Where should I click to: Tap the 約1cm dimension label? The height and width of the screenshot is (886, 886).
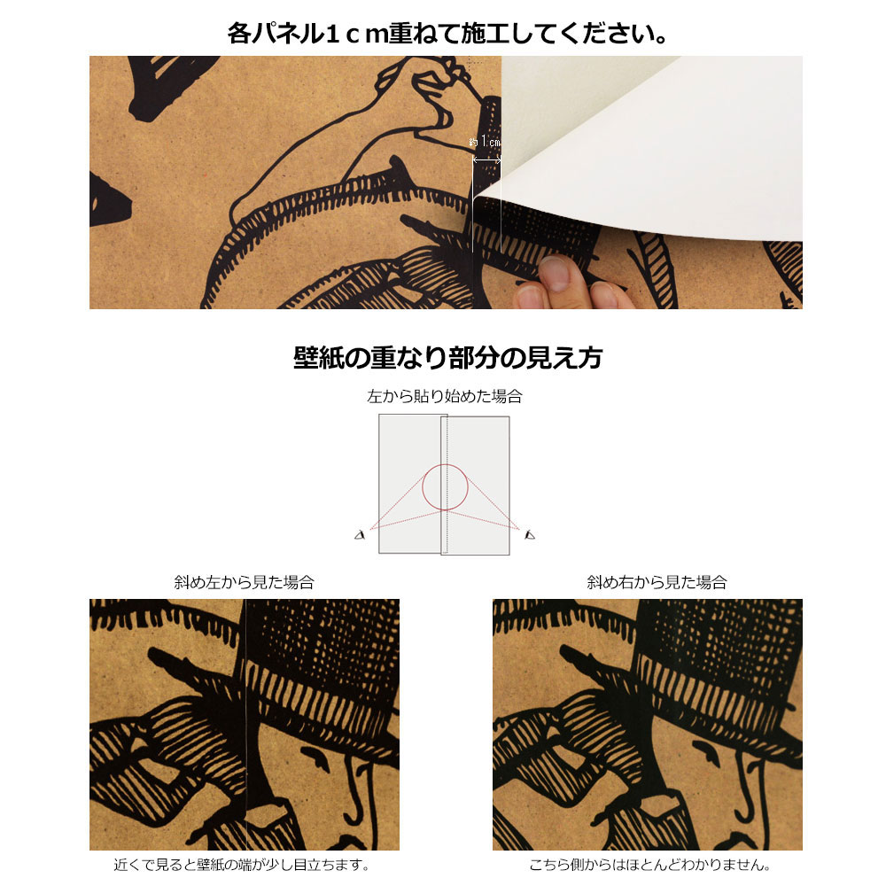coord(486,143)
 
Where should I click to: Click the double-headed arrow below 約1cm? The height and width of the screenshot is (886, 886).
coord(486,160)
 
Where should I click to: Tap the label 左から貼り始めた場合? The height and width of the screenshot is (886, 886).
coord(444,396)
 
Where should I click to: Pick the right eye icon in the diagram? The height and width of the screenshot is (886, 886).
coord(530,534)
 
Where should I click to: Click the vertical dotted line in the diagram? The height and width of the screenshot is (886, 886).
coord(448,523)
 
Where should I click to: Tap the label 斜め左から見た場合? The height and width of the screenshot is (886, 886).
coord(244,582)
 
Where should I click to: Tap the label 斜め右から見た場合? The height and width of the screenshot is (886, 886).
coord(657,582)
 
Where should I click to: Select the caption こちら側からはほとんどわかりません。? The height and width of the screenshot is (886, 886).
coord(647,865)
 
